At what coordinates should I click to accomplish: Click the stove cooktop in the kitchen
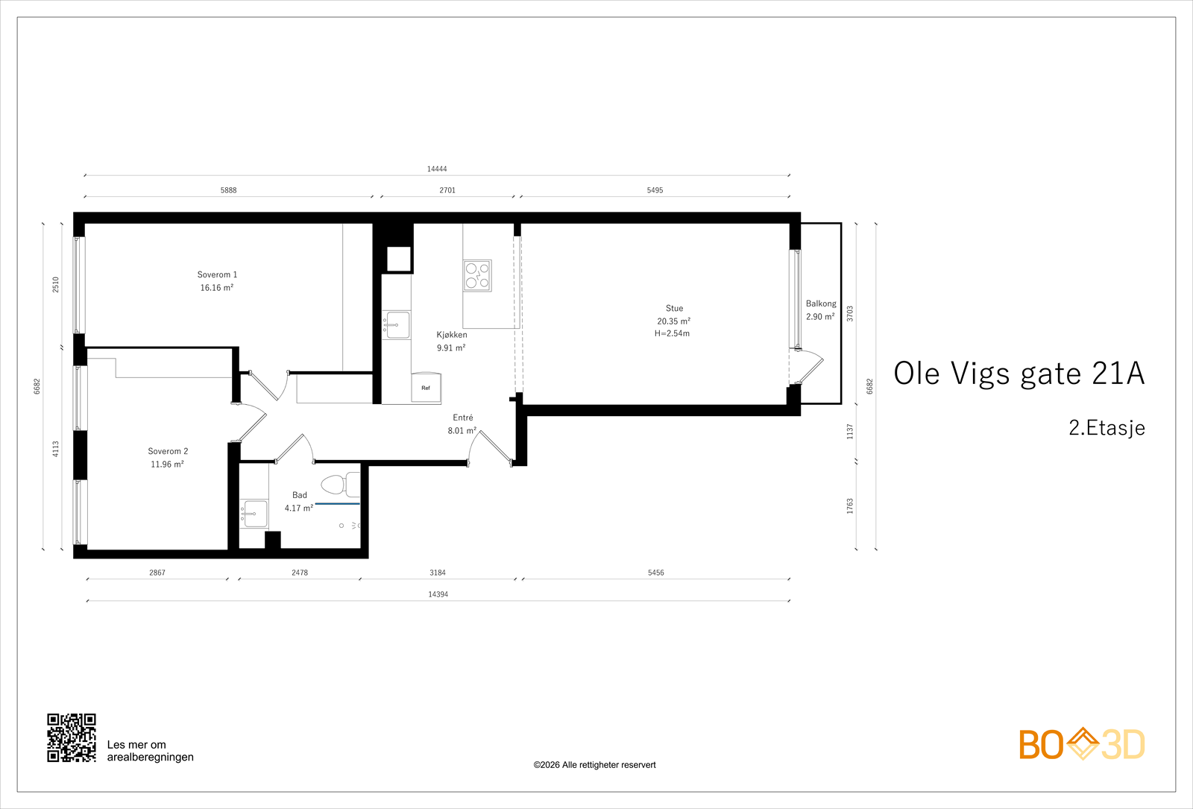coord(477,275)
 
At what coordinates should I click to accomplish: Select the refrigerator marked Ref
coord(426,387)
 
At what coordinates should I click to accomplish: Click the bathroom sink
coord(254,514)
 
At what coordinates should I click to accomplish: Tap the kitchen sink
coord(396,325)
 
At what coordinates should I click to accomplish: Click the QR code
coord(72,737)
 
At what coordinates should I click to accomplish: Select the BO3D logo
coord(1082,744)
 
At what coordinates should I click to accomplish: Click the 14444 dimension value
coord(437,169)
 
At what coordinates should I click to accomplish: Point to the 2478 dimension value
coord(300,573)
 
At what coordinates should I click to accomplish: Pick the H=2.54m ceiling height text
coord(672,333)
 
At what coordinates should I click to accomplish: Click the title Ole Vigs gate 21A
coord(1019,374)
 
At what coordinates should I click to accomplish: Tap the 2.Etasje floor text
coord(1107,428)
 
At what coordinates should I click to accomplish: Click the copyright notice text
coord(594,765)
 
